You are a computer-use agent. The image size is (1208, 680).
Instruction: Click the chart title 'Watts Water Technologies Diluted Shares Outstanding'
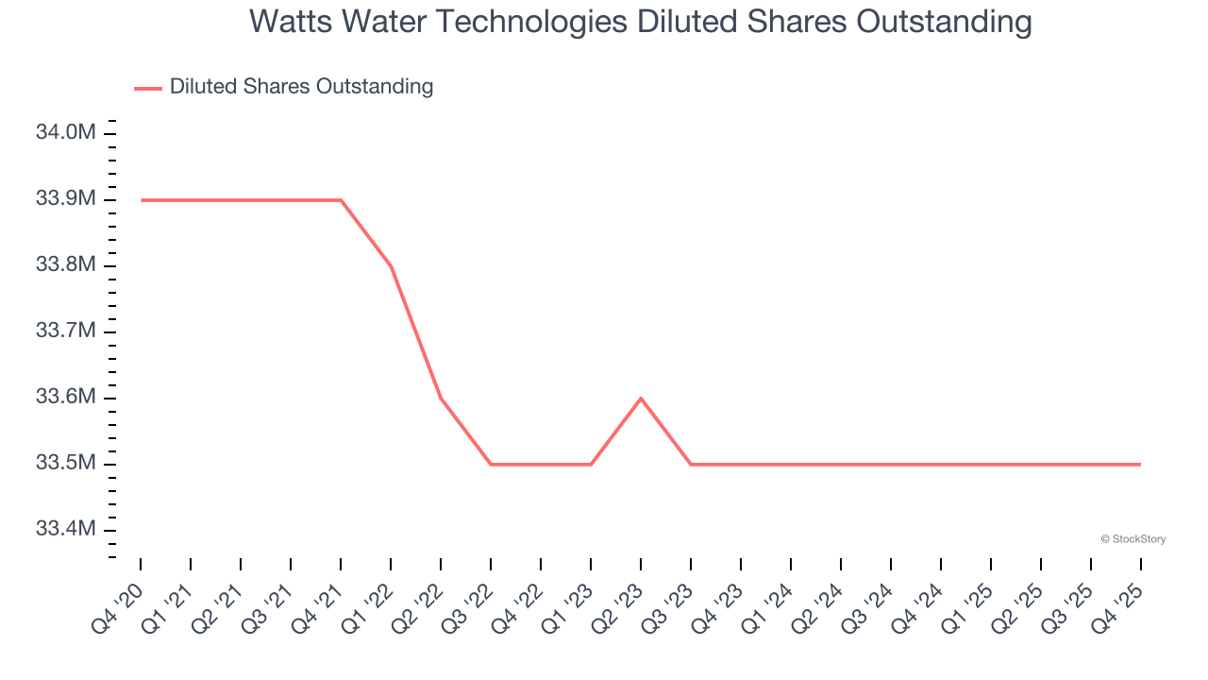(x=640, y=22)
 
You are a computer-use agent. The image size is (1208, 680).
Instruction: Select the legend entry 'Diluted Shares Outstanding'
(x=301, y=87)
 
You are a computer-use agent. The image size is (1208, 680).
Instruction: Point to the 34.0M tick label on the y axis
(x=65, y=132)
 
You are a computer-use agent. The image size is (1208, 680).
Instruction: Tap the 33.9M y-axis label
(x=65, y=199)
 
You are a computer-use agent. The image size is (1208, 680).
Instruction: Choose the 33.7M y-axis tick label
(x=65, y=331)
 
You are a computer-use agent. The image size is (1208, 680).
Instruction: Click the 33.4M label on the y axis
(x=65, y=529)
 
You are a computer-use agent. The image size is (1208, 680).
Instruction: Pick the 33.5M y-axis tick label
(x=65, y=464)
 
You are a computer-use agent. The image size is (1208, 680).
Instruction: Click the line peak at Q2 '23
(x=641, y=399)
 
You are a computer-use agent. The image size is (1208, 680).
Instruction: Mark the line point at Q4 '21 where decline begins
(x=341, y=200)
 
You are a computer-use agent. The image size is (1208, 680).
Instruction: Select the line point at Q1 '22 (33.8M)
(x=391, y=266)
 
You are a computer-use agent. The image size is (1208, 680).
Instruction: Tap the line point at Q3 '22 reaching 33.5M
(x=491, y=465)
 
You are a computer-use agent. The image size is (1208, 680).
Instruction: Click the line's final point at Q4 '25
(x=1140, y=465)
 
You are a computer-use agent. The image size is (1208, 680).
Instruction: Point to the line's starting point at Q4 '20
(x=142, y=200)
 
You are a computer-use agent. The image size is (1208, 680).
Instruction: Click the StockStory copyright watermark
(x=1132, y=539)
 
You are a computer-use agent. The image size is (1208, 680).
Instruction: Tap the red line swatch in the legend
(x=148, y=88)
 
